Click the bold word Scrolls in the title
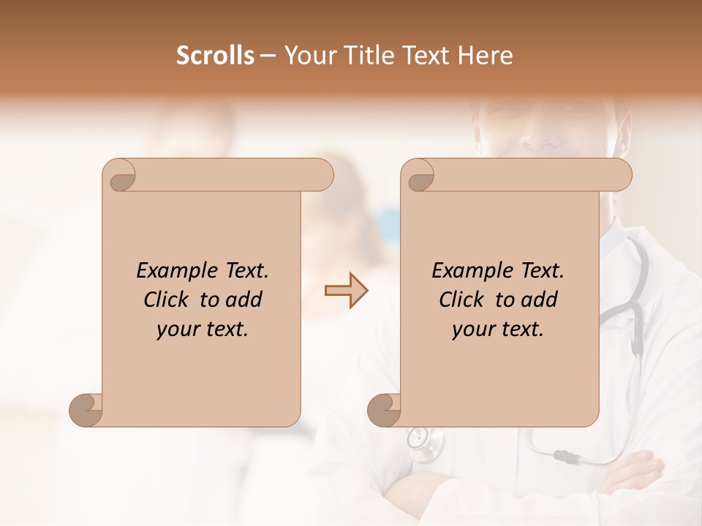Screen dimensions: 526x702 tap(215, 56)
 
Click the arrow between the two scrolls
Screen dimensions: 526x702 tap(346, 291)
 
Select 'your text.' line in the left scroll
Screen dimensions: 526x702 tap(203, 329)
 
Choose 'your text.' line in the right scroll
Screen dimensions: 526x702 tap(498, 329)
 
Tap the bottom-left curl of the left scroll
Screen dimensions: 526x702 tap(86, 410)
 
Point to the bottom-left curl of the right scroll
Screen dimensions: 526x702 tap(384, 410)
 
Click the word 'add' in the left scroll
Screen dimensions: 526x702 tap(244, 300)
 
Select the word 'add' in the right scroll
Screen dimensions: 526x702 tap(540, 300)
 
